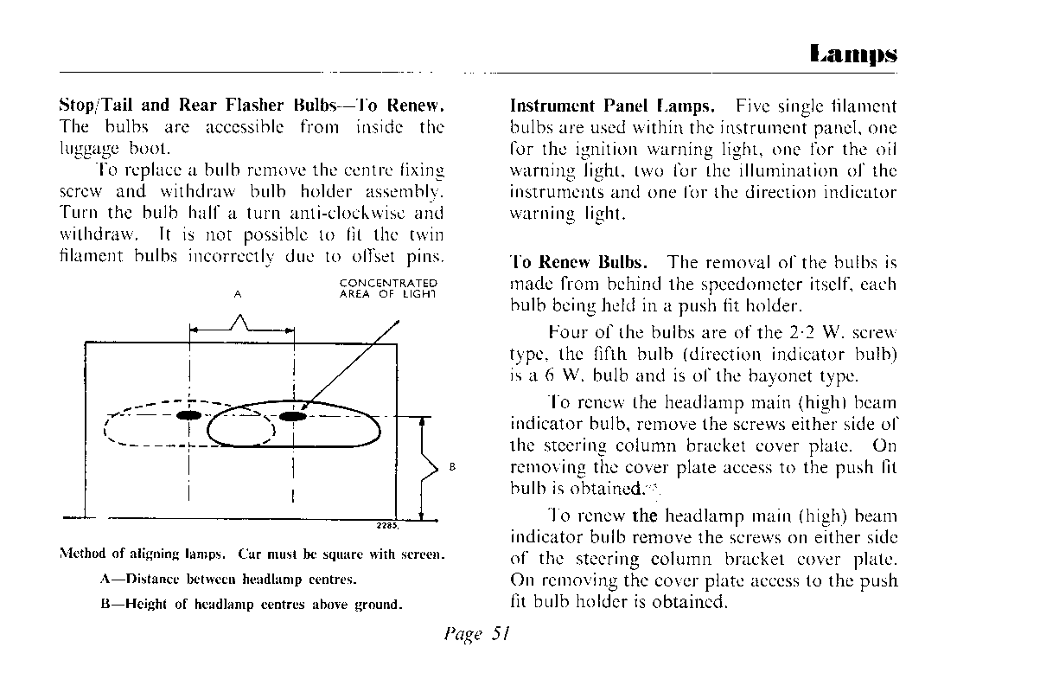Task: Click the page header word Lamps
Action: [x=853, y=54]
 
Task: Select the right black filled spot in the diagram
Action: [x=294, y=416]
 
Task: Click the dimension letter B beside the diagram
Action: [x=452, y=468]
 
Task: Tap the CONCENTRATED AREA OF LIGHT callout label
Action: [x=388, y=288]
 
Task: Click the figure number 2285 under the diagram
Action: [x=386, y=526]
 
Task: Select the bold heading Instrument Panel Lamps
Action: [x=612, y=106]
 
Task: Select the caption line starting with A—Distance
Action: [x=228, y=579]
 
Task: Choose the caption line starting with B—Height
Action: [x=252, y=604]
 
